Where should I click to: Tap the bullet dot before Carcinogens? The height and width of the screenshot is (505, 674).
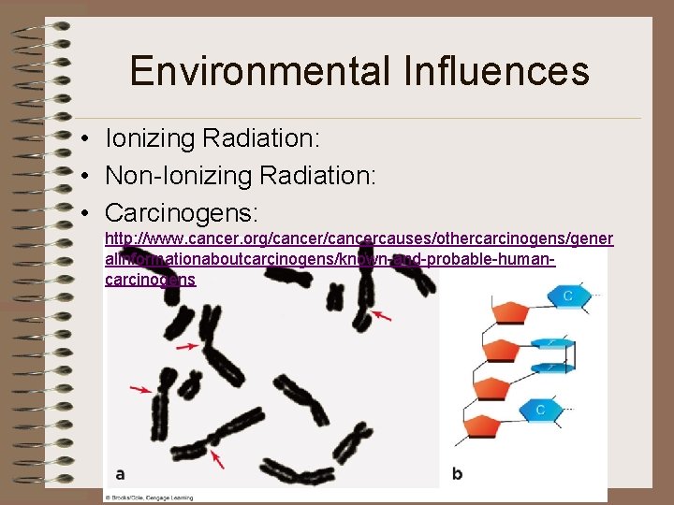[x=84, y=212]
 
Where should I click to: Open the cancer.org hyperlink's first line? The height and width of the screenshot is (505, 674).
[x=359, y=239]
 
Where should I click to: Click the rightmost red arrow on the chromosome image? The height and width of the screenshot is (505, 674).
[x=383, y=316]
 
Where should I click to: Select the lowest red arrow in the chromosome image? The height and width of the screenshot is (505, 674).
[x=217, y=458]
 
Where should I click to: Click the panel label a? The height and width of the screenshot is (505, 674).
[x=120, y=473]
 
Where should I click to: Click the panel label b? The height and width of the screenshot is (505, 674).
[x=457, y=473]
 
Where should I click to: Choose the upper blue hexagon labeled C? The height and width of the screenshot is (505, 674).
[x=567, y=296]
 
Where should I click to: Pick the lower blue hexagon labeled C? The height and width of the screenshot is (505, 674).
[x=540, y=410]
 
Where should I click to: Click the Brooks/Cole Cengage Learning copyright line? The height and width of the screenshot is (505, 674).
[x=150, y=497]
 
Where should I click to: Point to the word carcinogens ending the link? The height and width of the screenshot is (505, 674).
[x=151, y=280]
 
